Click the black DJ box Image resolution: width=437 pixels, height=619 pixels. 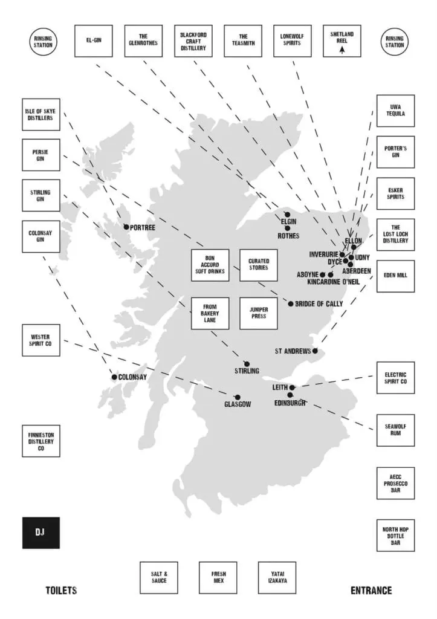click(41, 533)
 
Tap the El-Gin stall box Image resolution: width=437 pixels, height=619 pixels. click(94, 41)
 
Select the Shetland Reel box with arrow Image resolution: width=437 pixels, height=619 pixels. click(342, 41)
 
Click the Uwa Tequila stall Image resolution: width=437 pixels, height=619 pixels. click(395, 111)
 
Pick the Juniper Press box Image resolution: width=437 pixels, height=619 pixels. click(259, 313)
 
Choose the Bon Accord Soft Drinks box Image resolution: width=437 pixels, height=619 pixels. click(210, 265)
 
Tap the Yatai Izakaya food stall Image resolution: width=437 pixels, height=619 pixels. click(277, 577)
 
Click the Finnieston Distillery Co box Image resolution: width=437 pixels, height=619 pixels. click(41, 441)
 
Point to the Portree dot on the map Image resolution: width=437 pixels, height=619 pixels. click(126, 227)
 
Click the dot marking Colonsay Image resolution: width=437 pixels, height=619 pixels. click(114, 377)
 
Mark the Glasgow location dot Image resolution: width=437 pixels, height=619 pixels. click(238, 397)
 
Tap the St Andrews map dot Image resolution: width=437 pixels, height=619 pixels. click(315, 351)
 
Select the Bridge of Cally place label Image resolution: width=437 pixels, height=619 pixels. click(319, 303)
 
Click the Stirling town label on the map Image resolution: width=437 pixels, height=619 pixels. click(247, 371)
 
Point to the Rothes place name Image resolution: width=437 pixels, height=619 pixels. click(288, 236)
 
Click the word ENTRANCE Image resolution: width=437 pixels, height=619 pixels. click(371, 591)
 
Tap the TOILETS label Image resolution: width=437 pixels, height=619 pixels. click(61, 591)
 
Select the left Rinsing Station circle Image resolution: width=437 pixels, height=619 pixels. click(43, 42)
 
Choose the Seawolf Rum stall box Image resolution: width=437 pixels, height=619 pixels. click(395, 430)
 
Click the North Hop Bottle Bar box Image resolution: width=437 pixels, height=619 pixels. click(395, 536)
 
